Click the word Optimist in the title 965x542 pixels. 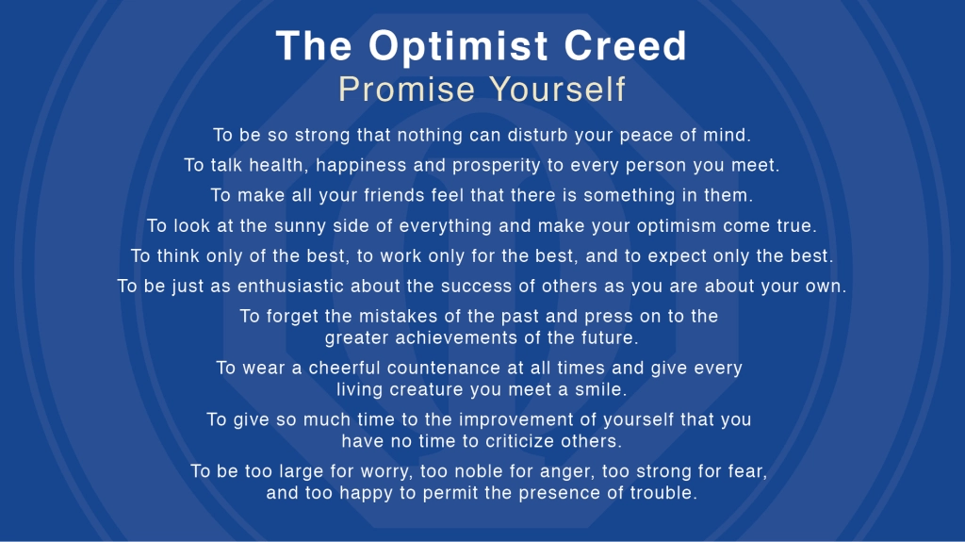(x=458, y=47)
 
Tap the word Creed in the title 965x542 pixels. (x=625, y=45)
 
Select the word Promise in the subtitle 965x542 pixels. (x=406, y=89)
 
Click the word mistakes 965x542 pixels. (x=398, y=316)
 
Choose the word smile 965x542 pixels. (x=600, y=389)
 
